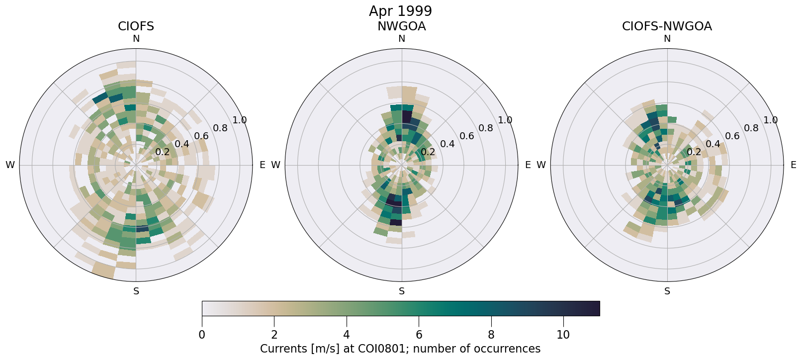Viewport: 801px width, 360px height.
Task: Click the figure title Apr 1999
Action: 400,11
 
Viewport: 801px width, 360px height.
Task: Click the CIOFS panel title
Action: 136,26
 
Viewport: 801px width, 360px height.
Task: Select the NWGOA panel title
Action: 401,26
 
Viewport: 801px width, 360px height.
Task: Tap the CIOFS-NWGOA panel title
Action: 667,26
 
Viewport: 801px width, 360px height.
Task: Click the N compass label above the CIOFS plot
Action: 136,39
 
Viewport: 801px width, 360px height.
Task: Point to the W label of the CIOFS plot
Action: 10,165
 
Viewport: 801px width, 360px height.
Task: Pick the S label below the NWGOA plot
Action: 402,291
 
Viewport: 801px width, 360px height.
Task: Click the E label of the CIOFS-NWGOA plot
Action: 793,165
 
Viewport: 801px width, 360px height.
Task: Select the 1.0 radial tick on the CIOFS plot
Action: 240,120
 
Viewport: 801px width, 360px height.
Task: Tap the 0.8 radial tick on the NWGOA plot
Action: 486,128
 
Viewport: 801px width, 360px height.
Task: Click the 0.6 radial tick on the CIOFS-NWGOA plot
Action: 732,136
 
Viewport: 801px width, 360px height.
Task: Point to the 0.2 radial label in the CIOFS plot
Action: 163,152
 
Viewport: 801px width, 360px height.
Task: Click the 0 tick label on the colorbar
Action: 202,335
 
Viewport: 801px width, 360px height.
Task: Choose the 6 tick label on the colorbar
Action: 419,335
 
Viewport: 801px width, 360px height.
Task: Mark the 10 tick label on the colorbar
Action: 563,335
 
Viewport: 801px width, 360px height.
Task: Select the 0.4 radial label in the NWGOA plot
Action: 447,144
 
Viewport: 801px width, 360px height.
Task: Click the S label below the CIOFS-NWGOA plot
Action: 667,291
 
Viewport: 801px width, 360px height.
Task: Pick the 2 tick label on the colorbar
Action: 274,335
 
